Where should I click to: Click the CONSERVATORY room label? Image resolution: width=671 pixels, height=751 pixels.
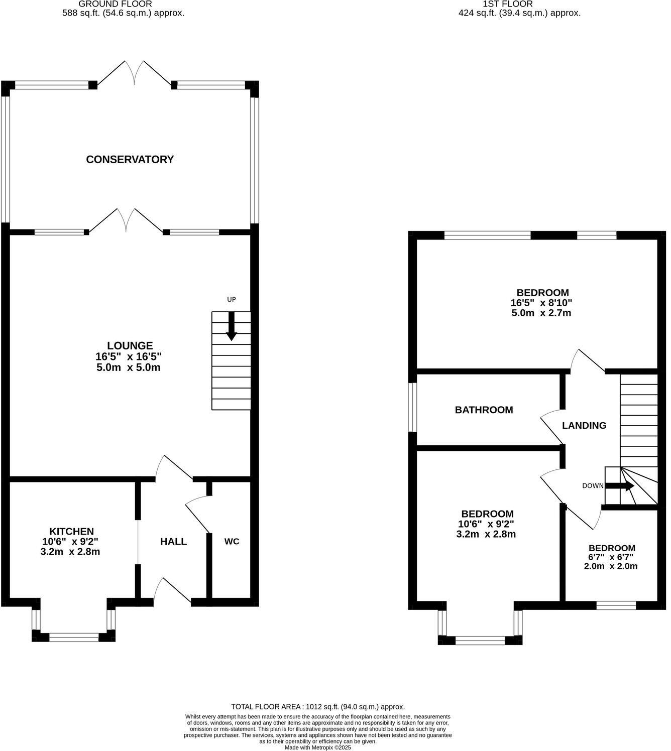pos(130,159)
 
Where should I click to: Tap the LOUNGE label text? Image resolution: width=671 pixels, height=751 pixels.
pos(130,345)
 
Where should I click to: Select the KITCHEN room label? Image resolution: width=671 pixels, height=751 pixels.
pos(71,531)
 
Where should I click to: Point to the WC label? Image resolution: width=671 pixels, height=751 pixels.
pos(232,541)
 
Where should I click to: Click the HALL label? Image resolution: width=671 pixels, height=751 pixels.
pos(173,541)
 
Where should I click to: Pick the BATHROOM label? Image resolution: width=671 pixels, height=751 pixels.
pos(484,410)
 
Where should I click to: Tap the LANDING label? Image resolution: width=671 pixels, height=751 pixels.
pos(584,425)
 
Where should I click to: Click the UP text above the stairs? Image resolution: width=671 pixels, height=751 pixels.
pos(231,300)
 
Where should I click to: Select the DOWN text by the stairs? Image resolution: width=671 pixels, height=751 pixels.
pos(593,485)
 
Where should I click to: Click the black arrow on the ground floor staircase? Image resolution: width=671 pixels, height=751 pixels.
pos(231,326)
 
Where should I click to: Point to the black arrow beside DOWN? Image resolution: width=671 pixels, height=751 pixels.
pos(620,485)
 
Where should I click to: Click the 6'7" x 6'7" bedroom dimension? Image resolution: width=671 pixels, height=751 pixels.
pos(611,557)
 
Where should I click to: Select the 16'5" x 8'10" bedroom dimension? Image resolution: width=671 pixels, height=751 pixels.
pos(541,303)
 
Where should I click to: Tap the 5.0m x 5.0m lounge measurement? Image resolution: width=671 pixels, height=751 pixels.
pos(128,367)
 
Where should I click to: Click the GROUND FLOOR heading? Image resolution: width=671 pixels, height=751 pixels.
pos(115,4)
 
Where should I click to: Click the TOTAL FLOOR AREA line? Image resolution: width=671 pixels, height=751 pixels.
pos(317,706)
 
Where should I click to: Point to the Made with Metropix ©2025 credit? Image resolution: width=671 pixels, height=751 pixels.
pos(317,747)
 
